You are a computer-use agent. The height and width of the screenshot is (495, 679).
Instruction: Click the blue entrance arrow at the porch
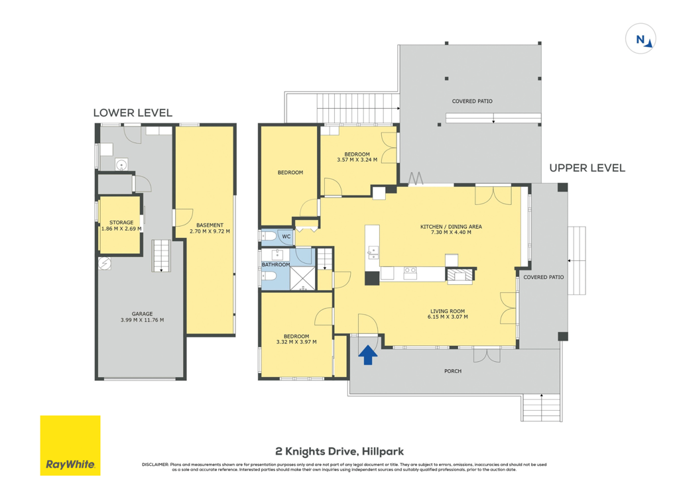pos(367,355)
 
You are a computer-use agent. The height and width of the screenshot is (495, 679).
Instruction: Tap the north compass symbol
pos(641,39)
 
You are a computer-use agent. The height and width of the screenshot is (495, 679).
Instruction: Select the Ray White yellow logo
pos(70,446)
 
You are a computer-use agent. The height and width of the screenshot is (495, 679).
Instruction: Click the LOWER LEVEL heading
pos(133,113)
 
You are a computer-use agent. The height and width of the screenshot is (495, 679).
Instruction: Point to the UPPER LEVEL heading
pos(587,168)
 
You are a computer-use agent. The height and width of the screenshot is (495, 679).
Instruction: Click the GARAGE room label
pos(142,314)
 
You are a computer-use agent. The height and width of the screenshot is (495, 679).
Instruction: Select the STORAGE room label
pos(121,223)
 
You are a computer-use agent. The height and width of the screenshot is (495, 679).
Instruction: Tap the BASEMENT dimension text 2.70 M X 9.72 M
pos(210,231)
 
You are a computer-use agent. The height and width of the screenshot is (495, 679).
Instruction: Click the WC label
pos(286,237)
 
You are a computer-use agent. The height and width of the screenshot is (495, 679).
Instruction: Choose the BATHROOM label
pos(276,264)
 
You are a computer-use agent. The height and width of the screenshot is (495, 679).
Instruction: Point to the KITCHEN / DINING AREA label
pos(451,227)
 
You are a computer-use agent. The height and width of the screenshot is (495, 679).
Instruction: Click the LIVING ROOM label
pos(448,311)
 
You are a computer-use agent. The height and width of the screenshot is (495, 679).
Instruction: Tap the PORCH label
pos(452,371)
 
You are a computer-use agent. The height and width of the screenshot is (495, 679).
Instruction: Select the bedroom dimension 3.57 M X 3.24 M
pos(357,160)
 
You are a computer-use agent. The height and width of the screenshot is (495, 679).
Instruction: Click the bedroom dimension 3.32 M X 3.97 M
pos(296,342)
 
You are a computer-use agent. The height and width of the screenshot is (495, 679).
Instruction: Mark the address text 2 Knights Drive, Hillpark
pos(339,452)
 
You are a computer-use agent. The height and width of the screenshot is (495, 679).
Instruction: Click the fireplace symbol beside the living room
pos(461,275)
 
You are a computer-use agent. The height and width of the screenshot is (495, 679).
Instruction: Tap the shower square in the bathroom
pos(302,278)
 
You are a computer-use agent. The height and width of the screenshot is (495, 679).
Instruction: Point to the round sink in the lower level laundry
pos(121,165)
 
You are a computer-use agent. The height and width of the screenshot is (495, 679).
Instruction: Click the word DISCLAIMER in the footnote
pos(155,465)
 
